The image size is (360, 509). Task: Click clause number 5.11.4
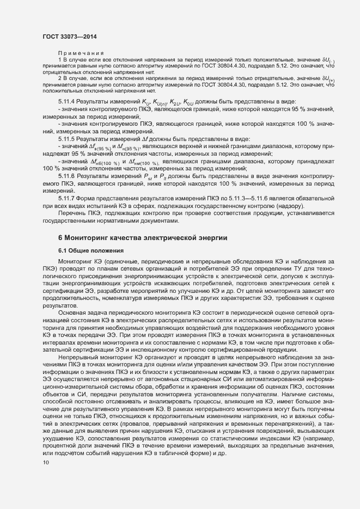pos(68,102)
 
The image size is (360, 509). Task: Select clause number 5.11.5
pos(68,139)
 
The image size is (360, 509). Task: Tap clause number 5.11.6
pos(68,176)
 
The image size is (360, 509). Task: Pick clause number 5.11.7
pos(68,199)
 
